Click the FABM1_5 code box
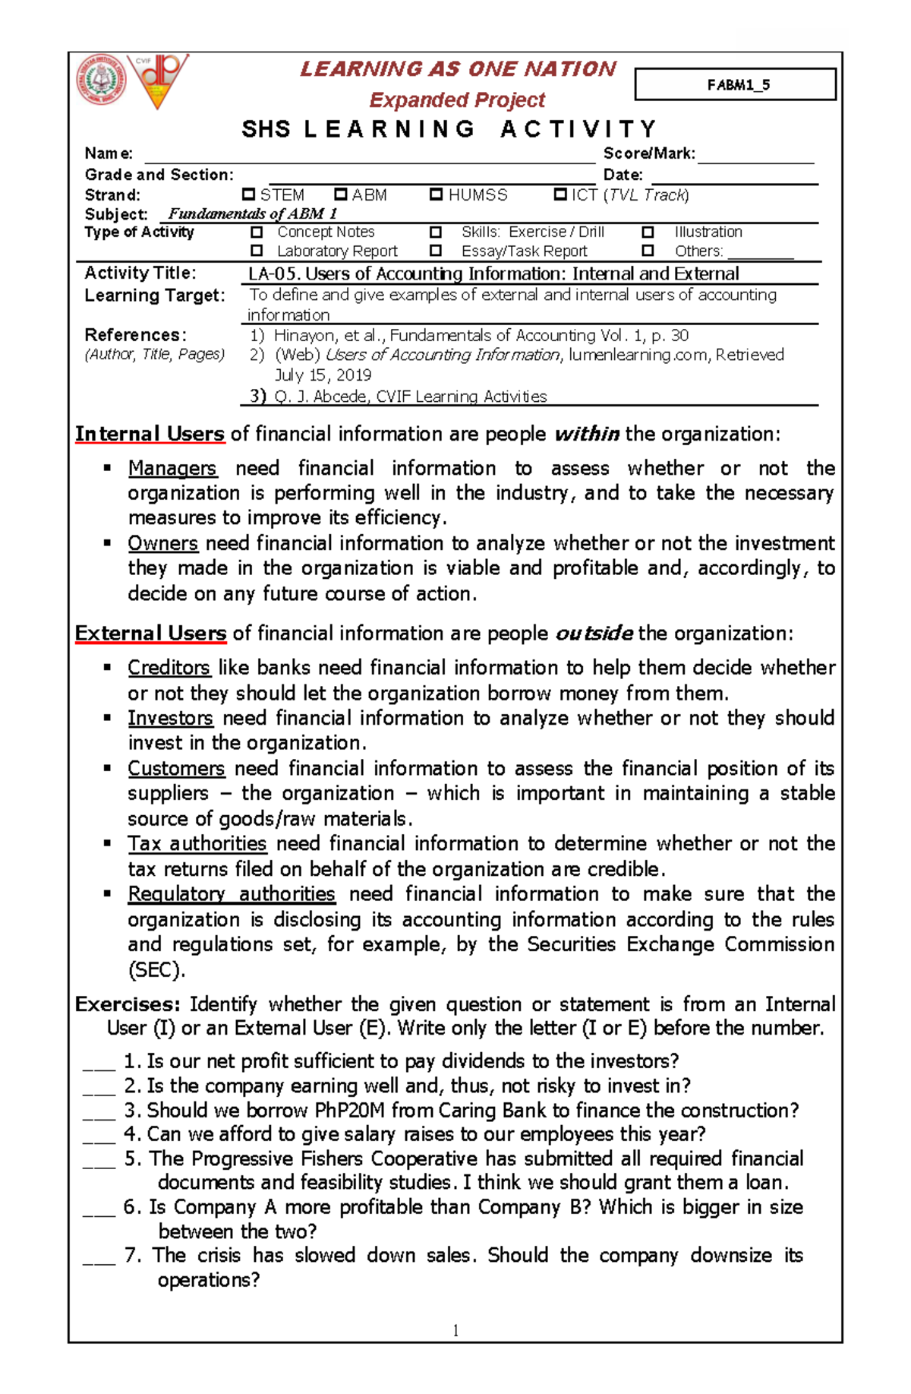[x=735, y=84]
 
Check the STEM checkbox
[x=248, y=194]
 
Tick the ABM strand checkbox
[x=341, y=194]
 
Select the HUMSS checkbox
[x=436, y=194]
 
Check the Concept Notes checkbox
[x=257, y=232]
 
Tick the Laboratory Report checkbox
[x=257, y=250]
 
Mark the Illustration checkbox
[x=648, y=232]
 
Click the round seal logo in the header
[x=100, y=81]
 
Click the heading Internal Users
[x=150, y=434]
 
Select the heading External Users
[x=150, y=633]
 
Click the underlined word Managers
[x=172, y=468]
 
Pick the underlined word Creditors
[x=169, y=667]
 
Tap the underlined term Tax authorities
[x=197, y=843]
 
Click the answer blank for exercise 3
[x=99, y=1112]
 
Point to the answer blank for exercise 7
[x=99, y=1257]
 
